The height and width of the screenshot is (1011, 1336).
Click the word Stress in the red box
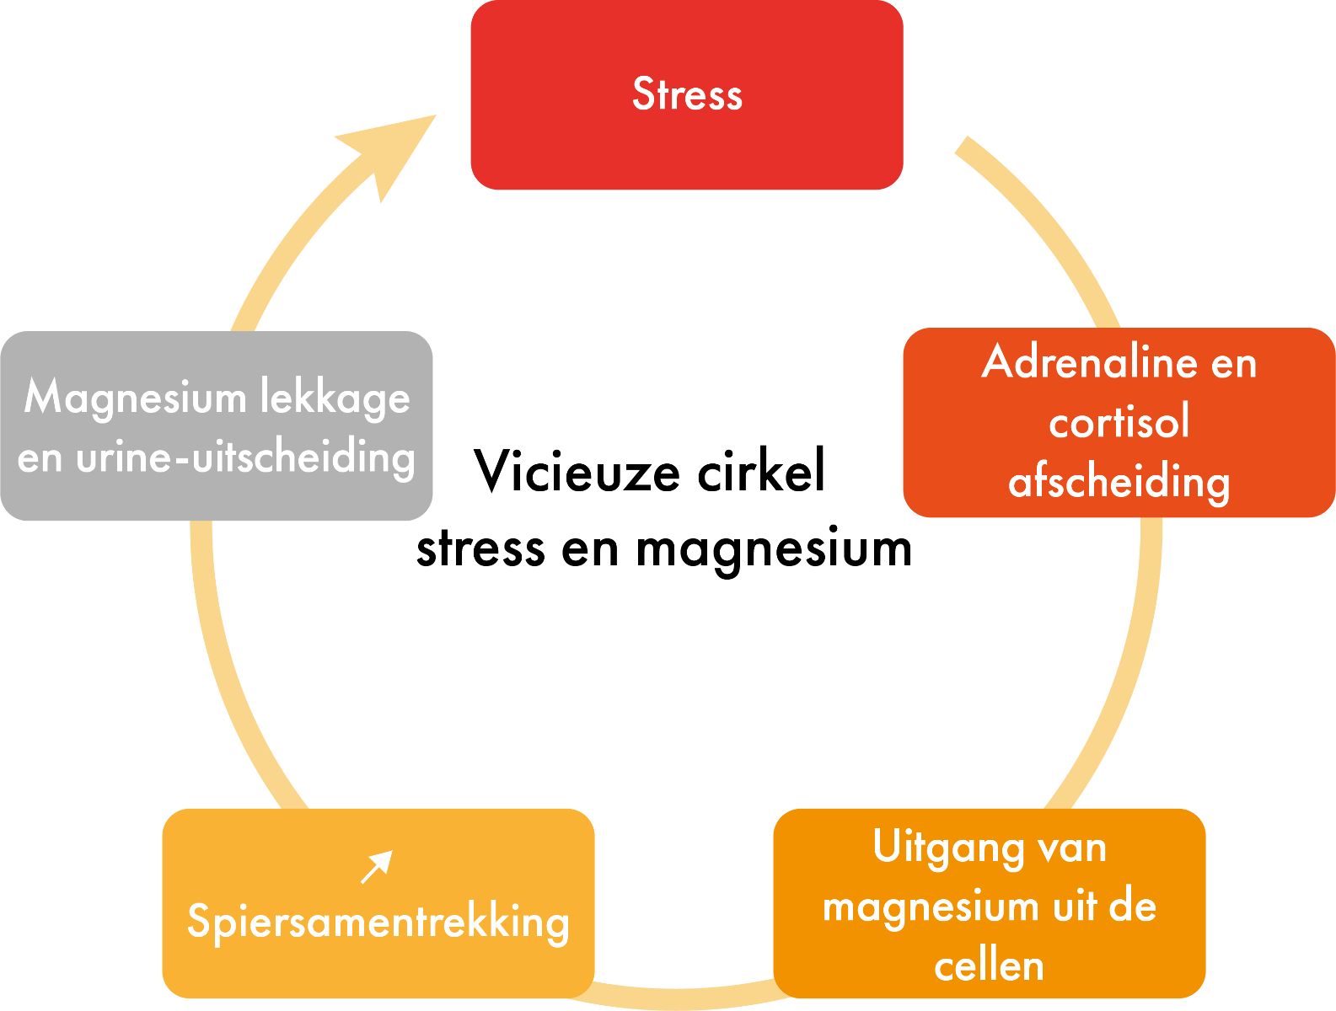687,94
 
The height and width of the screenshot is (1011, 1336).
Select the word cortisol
1119,422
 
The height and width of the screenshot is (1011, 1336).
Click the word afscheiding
1119,483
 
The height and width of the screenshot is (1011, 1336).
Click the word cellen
989,966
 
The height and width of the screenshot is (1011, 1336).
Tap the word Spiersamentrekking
378,922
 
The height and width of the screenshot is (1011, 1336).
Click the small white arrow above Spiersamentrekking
377,866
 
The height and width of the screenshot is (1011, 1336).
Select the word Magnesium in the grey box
135,397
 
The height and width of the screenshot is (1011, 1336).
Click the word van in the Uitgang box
1072,848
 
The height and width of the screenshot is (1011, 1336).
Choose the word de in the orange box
1132,907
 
